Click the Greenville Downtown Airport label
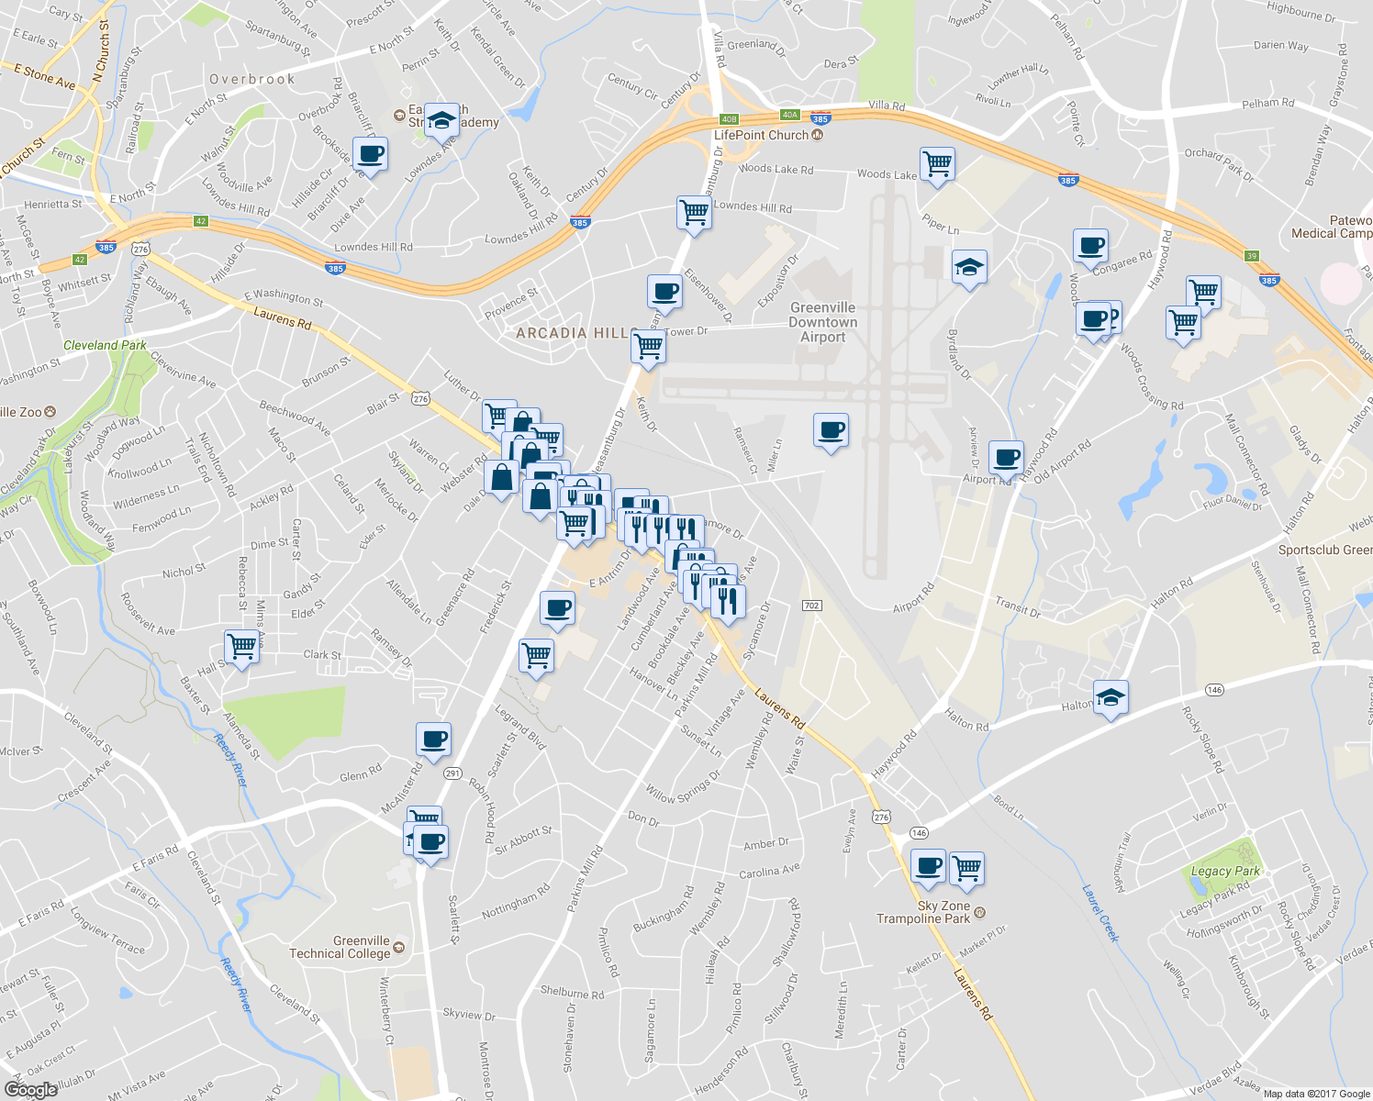(x=822, y=322)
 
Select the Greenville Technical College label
(x=340, y=947)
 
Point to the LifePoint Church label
(x=762, y=135)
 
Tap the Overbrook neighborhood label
(x=252, y=80)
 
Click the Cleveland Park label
(x=105, y=345)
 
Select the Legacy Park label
(x=1225, y=871)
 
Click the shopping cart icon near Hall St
(x=241, y=646)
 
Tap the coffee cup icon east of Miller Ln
(x=831, y=429)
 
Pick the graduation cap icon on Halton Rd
(x=1111, y=697)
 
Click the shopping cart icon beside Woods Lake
(x=937, y=164)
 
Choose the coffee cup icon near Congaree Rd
(x=1090, y=246)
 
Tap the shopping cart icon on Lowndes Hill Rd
(x=694, y=212)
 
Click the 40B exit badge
(x=729, y=119)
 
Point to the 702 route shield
(x=810, y=606)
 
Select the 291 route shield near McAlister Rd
(x=452, y=773)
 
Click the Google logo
(x=31, y=1090)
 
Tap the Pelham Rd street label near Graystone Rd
(x=1267, y=104)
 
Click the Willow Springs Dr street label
(x=683, y=787)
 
